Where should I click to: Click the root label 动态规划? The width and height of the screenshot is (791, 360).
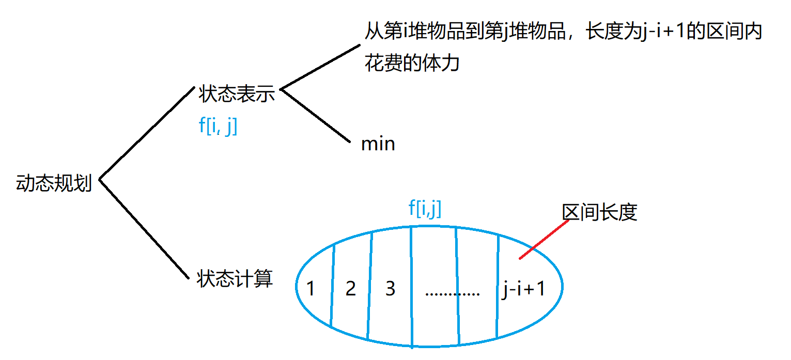tap(54, 183)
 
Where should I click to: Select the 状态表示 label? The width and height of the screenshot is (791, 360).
tap(236, 95)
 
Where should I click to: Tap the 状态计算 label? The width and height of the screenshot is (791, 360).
tap(235, 279)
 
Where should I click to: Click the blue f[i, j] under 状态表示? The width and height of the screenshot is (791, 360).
tap(218, 126)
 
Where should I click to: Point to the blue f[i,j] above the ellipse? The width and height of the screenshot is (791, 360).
tap(425, 209)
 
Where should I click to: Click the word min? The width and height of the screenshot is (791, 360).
tap(378, 144)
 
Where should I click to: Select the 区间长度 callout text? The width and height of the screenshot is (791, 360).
tap(599, 212)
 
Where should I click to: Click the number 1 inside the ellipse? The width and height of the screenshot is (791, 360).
tap(311, 289)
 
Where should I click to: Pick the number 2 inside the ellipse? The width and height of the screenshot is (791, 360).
tap(350, 289)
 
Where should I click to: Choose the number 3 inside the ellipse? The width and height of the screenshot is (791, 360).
tap(390, 288)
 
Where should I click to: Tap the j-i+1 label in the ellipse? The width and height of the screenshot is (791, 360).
tap(523, 289)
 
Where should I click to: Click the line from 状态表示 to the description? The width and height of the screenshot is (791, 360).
tap(319, 67)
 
